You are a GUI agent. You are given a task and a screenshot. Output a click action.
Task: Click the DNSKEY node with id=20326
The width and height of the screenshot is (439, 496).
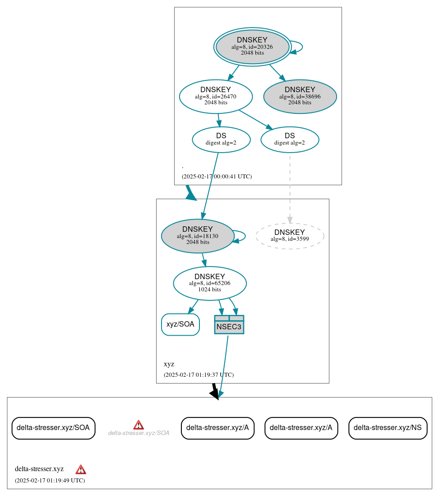point(252,47)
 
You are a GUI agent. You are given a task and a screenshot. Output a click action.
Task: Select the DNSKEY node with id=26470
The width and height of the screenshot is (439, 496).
point(216,96)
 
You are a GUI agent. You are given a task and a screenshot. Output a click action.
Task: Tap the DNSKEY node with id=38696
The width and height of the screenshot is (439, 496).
point(300,96)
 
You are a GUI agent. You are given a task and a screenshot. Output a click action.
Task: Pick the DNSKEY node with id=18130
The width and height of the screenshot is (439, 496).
point(197,236)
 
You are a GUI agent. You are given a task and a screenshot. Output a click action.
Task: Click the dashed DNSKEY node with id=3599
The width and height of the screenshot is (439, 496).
point(290,235)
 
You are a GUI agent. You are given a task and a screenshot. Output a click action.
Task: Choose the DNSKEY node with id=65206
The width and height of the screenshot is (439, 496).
point(209,283)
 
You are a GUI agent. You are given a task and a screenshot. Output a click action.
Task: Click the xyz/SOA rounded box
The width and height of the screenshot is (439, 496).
point(180,324)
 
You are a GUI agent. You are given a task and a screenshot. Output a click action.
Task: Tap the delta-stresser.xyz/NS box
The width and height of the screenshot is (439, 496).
point(388,428)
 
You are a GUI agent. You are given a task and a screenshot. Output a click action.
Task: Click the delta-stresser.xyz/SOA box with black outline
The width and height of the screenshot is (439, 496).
point(53,428)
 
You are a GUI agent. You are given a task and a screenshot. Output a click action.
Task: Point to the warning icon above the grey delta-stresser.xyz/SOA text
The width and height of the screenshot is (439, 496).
point(139,425)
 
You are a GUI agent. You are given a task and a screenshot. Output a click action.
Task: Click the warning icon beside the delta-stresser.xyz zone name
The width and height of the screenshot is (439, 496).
point(81,469)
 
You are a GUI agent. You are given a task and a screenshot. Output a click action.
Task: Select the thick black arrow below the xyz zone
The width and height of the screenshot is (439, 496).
point(215,391)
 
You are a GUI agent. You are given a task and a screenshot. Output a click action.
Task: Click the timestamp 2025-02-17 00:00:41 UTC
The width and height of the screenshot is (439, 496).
point(217,177)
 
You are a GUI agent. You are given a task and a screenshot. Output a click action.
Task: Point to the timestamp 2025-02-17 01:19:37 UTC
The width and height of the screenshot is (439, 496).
point(199,375)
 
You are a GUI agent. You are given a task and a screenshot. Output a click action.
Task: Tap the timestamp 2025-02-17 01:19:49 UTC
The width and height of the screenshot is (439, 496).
point(50,481)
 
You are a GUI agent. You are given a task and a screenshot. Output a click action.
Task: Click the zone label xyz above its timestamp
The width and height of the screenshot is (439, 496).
point(169,364)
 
